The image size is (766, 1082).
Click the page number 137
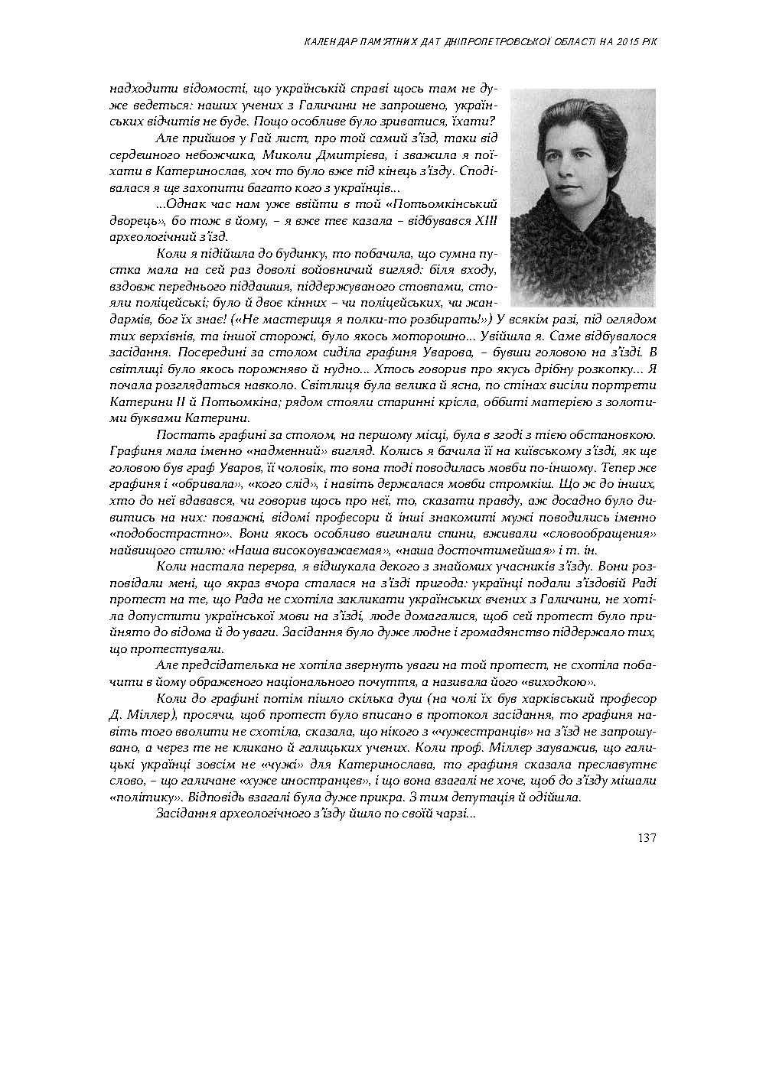pos(646,837)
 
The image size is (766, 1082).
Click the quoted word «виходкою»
pos(555,681)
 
